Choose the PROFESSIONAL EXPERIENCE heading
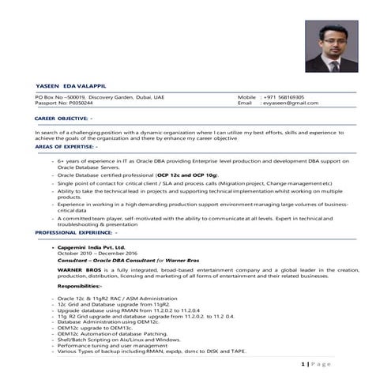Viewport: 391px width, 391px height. pos(76,234)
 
